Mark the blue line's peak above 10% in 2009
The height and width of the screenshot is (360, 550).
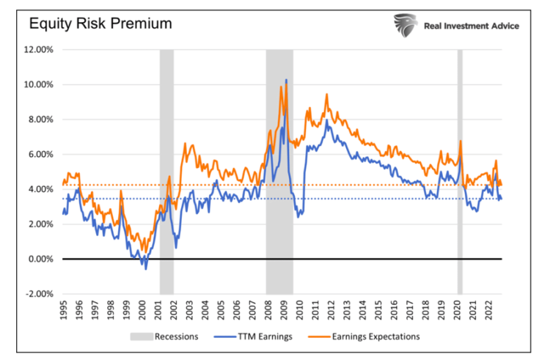point(286,80)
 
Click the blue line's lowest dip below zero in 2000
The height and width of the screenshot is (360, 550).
point(145,268)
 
